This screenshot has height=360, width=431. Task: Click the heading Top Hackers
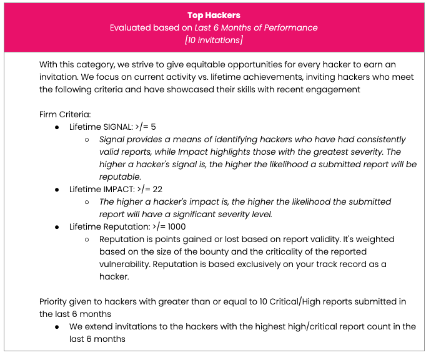[x=214, y=15]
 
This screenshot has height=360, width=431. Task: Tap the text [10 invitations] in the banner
[x=214, y=41]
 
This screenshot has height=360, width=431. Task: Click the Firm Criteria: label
[x=65, y=114]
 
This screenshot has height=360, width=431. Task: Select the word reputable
[x=120, y=177]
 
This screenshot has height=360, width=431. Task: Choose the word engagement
[x=335, y=89]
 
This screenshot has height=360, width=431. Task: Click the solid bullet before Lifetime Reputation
[x=57, y=226]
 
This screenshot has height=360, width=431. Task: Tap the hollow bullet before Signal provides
[x=87, y=139]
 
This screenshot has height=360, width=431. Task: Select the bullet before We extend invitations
[x=57, y=326]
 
